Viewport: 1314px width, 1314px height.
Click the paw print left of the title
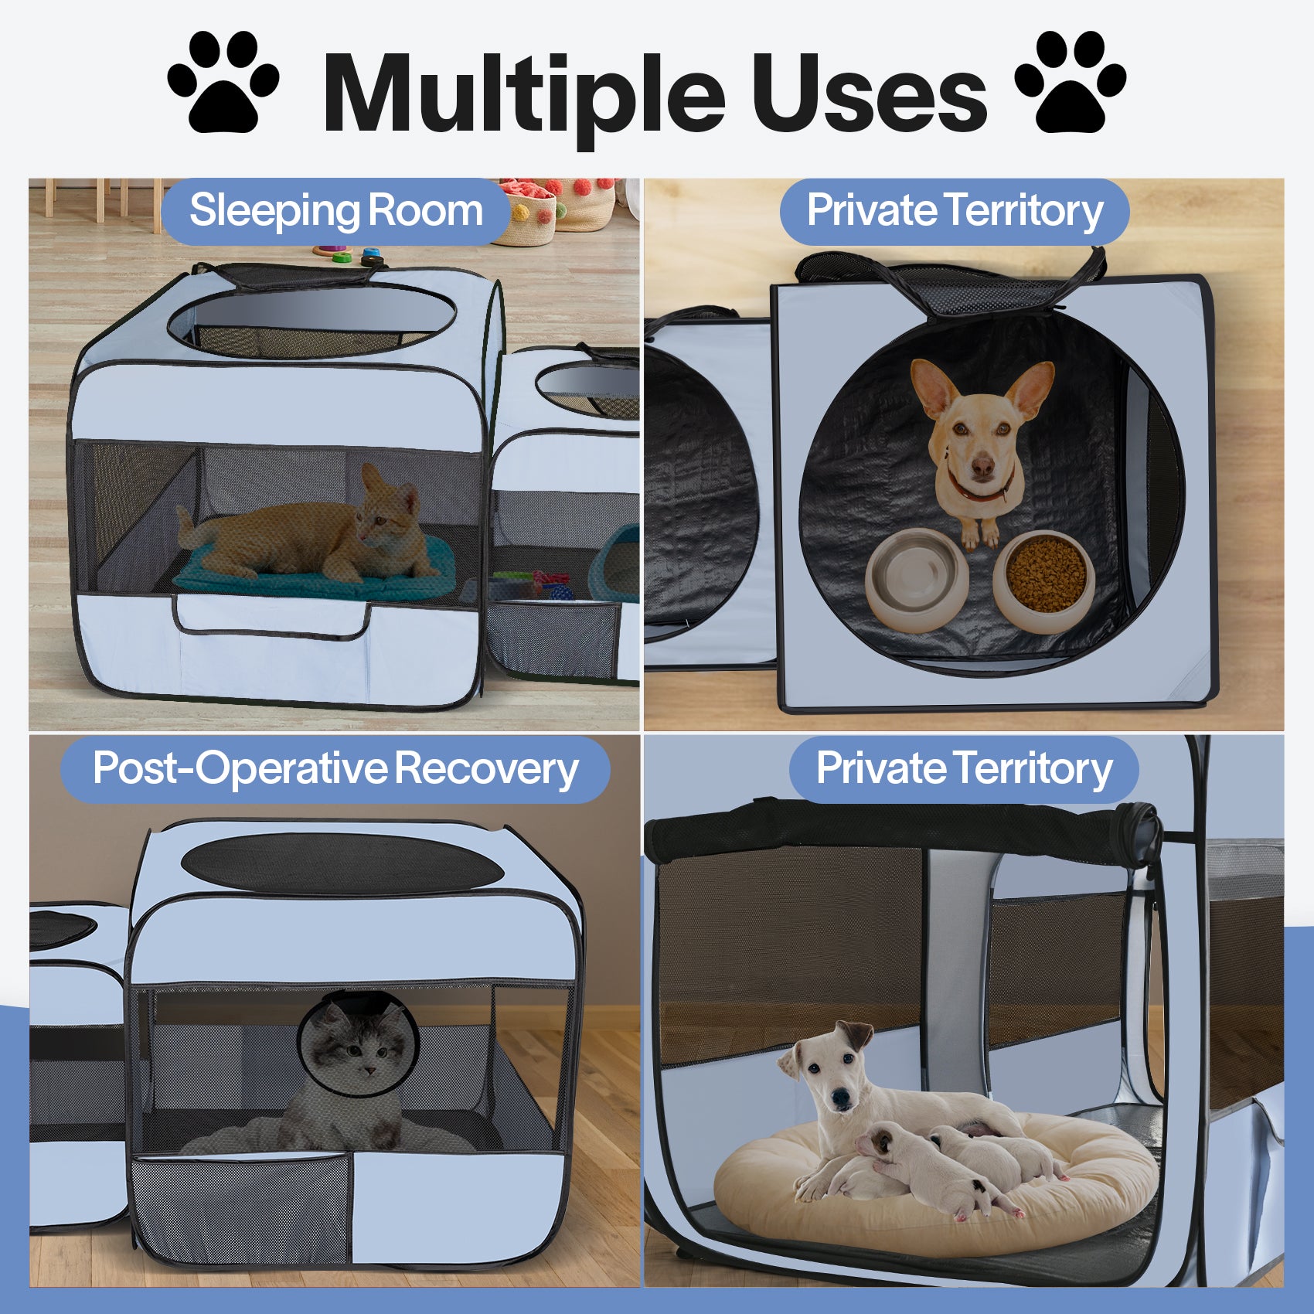pos(223,83)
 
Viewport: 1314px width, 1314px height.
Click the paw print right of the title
pos(1070,83)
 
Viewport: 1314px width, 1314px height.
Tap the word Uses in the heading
pos(869,94)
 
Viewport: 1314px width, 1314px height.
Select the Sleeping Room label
pos(335,211)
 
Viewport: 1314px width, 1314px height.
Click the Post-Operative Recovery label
pos(335,769)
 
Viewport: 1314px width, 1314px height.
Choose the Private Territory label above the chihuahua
pos(955,211)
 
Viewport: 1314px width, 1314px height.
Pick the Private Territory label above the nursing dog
pos(964,769)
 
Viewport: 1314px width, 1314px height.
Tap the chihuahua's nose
pos(982,466)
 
